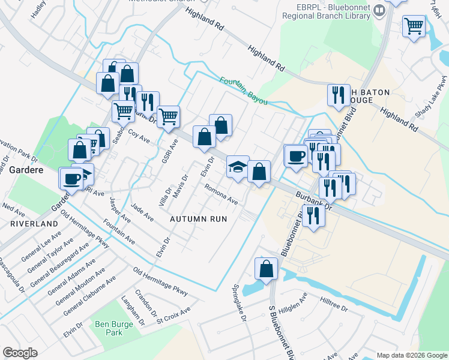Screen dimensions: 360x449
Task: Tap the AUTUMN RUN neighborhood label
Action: (198, 219)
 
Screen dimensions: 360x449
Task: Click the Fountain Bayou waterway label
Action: (243, 91)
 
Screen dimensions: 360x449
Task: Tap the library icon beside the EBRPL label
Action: (379, 10)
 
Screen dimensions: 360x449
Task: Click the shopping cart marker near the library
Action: (414, 26)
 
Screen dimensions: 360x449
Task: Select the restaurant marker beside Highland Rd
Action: (339, 95)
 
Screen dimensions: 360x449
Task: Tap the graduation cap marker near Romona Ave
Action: (238, 166)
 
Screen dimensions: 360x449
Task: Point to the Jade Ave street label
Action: (142, 212)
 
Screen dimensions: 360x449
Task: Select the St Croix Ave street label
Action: (173, 314)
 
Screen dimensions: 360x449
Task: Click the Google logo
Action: (20, 352)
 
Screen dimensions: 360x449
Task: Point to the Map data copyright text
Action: (411, 355)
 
